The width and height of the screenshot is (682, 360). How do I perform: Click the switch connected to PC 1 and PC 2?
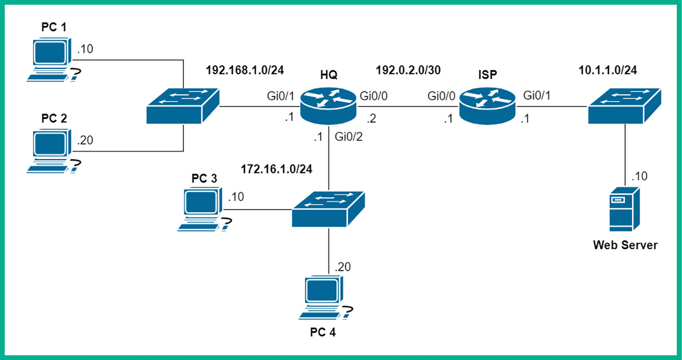tap(183, 106)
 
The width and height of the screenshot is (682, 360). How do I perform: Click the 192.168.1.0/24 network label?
tap(245, 71)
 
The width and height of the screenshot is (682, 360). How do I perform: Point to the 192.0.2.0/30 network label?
tap(408, 71)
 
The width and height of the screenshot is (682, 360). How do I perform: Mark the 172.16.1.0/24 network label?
tap(277, 168)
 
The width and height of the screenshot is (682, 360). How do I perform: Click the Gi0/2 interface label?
tap(348, 138)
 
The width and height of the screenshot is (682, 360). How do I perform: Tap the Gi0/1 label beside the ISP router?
tap(537, 96)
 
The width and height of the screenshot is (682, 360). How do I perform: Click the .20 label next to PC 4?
tap(343, 267)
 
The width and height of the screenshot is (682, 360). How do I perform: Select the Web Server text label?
tap(625, 245)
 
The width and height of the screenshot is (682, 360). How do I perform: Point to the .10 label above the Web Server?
tap(640, 176)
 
